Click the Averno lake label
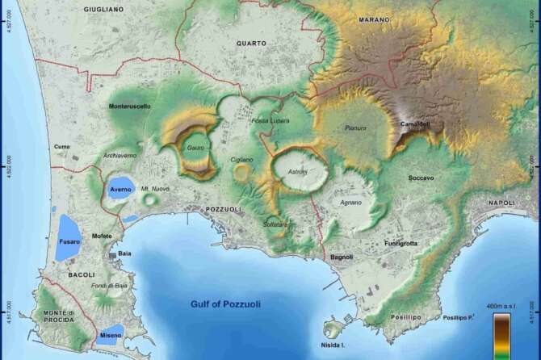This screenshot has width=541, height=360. click(121, 189)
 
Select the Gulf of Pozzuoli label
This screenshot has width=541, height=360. click(225, 304)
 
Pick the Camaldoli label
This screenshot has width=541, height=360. click(415, 124)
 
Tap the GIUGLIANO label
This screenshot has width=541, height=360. click(103, 9)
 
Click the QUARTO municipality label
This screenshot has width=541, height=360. click(251, 43)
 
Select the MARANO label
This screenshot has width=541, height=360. click(374, 19)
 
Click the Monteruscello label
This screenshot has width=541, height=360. click(129, 106)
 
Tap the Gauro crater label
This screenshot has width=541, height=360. click(195, 148)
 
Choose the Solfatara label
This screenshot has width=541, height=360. click(275, 224)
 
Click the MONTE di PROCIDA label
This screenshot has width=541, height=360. click(58, 317)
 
